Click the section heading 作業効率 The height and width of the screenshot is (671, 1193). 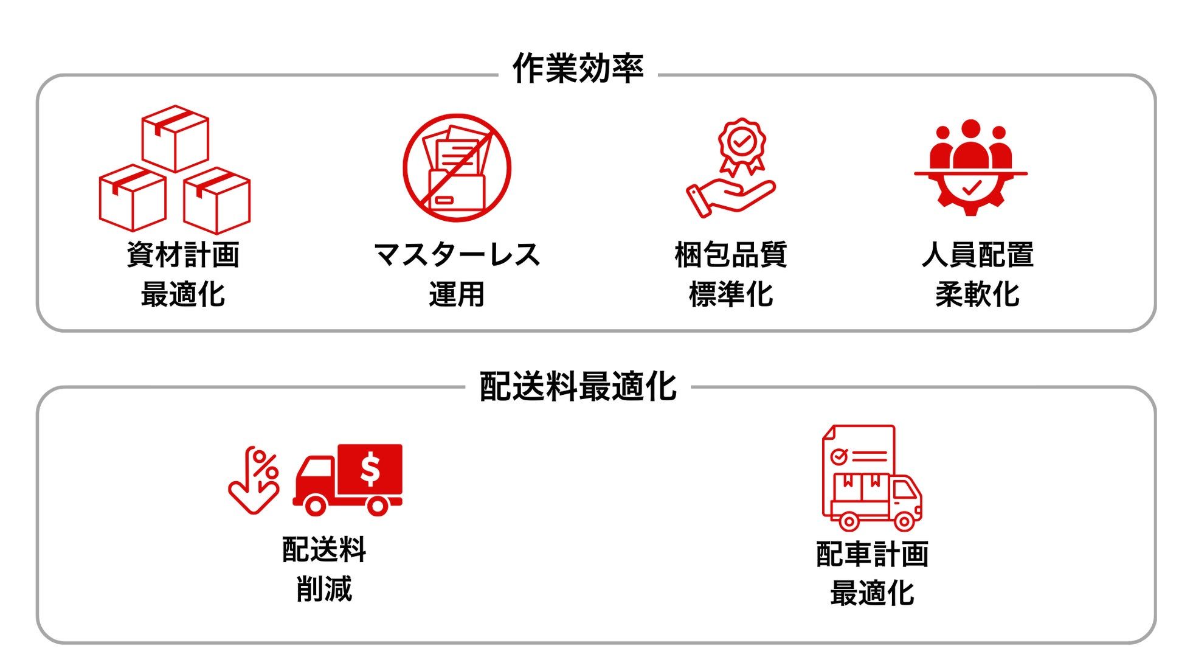point(578,68)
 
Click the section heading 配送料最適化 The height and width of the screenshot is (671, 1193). point(578,386)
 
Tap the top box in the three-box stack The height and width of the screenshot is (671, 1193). point(175,139)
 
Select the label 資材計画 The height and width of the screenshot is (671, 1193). point(183,254)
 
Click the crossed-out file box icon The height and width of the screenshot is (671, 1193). point(457,168)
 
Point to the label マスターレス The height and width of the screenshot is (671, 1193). point(457,254)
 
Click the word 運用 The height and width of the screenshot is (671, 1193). point(457,294)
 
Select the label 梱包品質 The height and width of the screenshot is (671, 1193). point(731,254)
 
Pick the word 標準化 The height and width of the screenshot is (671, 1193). point(731,294)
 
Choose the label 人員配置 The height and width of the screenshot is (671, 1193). point(978,254)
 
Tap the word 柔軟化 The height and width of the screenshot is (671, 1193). point(978,294)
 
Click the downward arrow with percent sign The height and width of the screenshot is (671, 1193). point(254,481)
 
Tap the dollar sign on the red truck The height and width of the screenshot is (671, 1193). point(370,469)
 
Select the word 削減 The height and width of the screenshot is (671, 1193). point(324,589)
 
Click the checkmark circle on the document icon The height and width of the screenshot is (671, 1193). point(839,456)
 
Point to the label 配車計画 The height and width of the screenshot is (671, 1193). point(873,554)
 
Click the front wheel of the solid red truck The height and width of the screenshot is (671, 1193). point(315,505)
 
